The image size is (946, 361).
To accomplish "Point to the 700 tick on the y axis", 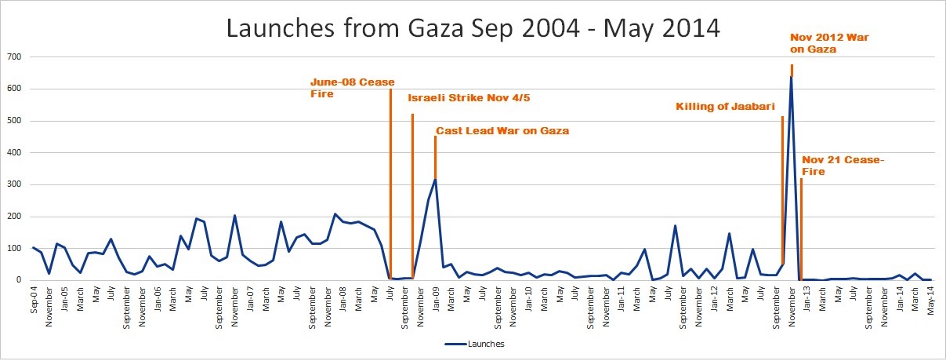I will (x=15, y=57).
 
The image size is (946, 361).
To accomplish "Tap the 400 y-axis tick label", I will (x=15, y=153).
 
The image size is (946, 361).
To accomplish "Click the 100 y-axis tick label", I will (x=15, y=249).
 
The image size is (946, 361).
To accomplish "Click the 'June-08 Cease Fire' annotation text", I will (x=352, y=88).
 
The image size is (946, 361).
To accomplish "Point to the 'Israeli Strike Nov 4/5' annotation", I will (x=474, y=99).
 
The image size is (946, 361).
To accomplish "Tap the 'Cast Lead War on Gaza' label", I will (x=502, y=131).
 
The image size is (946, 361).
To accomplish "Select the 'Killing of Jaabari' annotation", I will (x=726, y=107).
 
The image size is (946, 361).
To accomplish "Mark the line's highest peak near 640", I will (x=791, y=77).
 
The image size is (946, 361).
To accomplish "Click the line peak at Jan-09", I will (x=435, y=180).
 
